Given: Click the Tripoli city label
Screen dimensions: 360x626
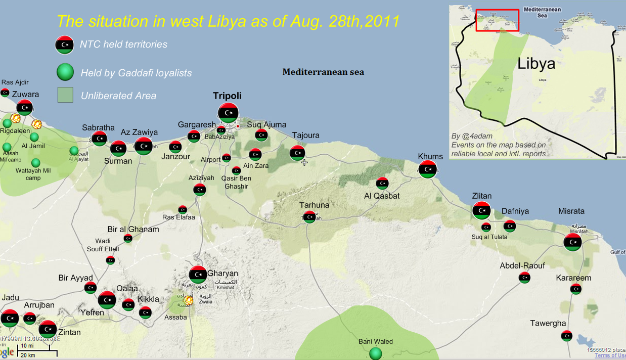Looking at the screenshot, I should pyautogui.click(x=227, y=96).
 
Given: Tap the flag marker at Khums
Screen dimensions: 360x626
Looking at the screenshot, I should pyautogui.click(x=428, y=169).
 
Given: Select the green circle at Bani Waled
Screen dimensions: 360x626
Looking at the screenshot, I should pyautogui.click(x=375, y=353).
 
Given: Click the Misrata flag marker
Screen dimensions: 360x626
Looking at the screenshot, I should pyautogui.click(x=572, y=242).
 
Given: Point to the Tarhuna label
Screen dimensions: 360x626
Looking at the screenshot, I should pyautogui.click(x=314, y=205).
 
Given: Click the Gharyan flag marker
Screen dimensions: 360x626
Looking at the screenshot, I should pyautogui.click(x=198, y=275).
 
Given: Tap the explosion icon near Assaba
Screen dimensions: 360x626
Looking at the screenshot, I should pyautogui.click(x=188, y=300).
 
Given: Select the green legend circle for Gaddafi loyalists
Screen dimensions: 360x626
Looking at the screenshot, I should pyautogui.click(x=65, y=72).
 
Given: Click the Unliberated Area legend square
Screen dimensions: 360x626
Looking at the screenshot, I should pyautogui.click(x=65, y=95).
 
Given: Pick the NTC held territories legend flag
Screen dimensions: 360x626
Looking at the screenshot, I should pyautogui.click(x=64, y=44).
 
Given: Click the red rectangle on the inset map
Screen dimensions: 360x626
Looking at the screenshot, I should pyautogui.click(x=497, y=20).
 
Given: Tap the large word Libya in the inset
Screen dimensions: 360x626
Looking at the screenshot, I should pyautogui.click(x=536, y=64).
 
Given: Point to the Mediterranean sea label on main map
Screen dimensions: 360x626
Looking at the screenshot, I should pyautogui.click(x=323, y=72).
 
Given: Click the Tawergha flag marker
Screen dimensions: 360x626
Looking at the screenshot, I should pyautogui.click(x=567, y=335).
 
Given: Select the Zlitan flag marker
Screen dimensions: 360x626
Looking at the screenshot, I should pyautogui.click(x=481, y=210).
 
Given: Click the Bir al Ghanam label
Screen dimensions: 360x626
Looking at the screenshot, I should pyautogui.click(x=133, y=230).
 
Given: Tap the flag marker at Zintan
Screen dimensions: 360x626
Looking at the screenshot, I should pyautogui.click(x=48, y=329).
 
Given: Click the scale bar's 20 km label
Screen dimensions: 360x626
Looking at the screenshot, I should pyautogui.click(x=27, y=355).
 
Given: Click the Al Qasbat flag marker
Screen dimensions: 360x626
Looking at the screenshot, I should pyautogui.click(x=382, y=183).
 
